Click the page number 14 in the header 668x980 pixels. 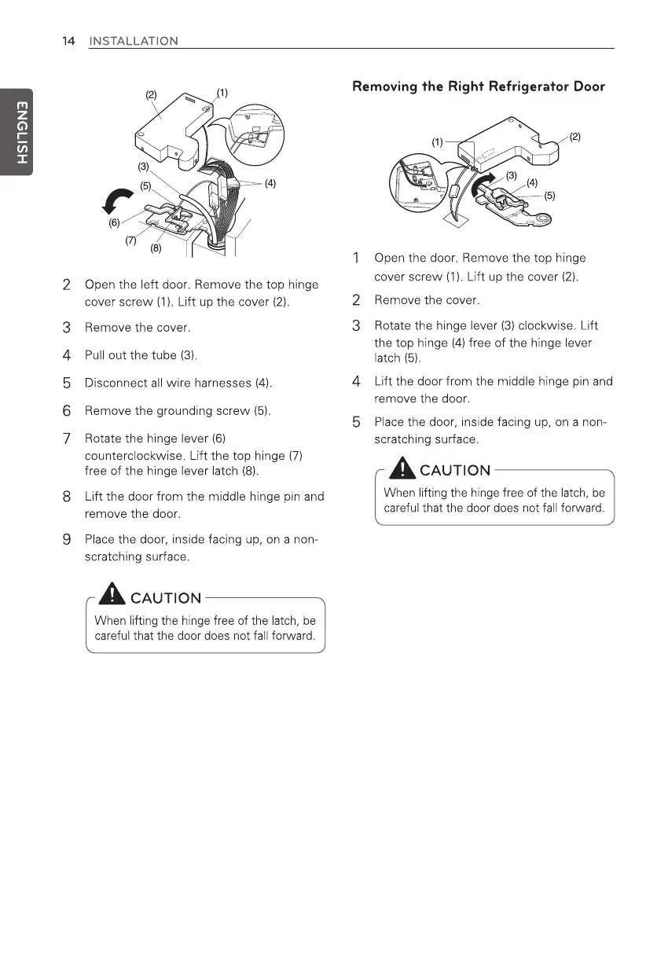coord(68,41)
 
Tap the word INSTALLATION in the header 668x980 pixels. coord(134,41)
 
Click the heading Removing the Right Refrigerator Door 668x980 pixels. coord(479,86)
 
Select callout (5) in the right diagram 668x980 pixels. coord(551,196)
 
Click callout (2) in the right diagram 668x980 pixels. coord(575,137)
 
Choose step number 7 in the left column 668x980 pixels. coord(68,438)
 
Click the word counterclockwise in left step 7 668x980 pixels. coord(133,456)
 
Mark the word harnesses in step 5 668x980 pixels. coord(221,384)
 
